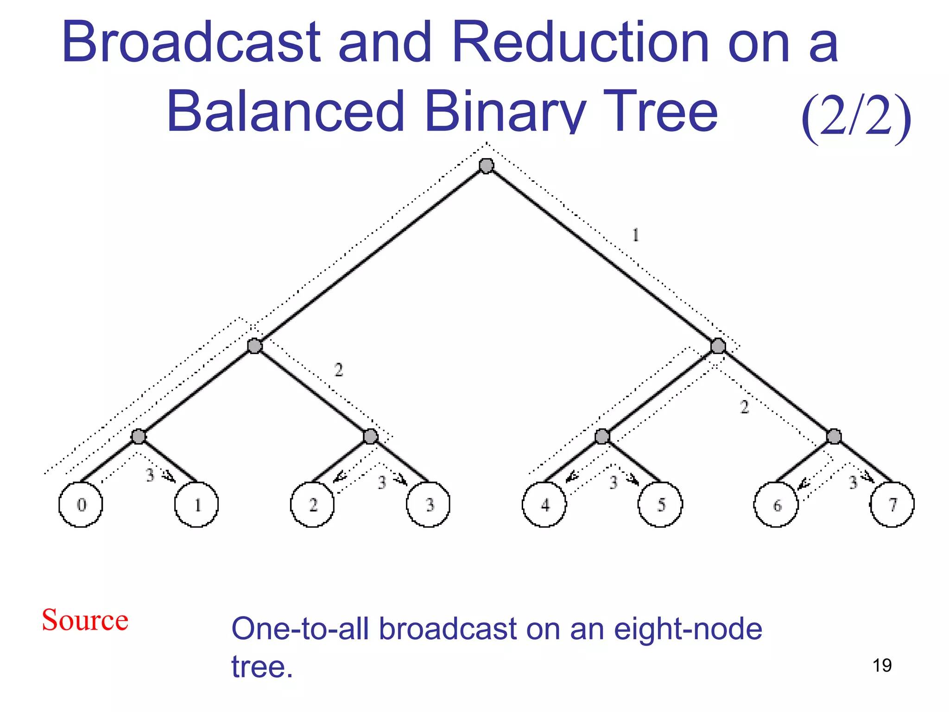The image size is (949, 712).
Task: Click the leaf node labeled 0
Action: [81, 504]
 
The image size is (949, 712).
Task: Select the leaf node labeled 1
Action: [196, 504]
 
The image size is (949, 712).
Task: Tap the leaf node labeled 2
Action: [312, 504]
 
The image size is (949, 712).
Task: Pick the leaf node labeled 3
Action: [428, 504]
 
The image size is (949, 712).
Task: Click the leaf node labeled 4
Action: [544, 504]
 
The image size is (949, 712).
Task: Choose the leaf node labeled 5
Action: [660, 504]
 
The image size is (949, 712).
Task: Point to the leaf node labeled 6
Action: [776, 504]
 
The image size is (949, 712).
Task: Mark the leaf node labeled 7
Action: [892, 504]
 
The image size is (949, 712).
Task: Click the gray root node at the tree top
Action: [486, 165]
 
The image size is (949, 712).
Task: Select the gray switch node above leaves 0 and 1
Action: [138, 436]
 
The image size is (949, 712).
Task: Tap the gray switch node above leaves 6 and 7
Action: [834, 436]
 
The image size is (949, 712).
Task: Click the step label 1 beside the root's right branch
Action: [636, 235]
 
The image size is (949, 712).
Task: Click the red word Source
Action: [85, 620]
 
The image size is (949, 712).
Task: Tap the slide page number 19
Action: [882, 666]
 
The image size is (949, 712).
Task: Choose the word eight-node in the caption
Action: [688, 629]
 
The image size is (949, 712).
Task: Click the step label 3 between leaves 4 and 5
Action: [613, 482]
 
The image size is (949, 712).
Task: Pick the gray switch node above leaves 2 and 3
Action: [370, 436]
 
